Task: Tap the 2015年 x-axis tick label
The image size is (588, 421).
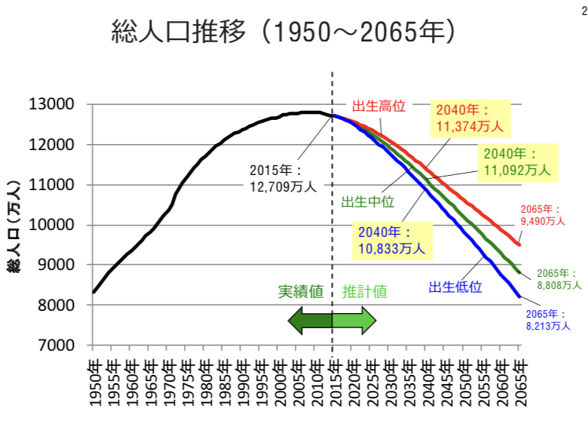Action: (332, 382)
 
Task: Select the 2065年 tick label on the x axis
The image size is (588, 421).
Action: (519, 382)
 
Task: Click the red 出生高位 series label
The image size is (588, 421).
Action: (378, 106)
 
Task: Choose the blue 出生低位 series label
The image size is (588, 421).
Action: (455, 287)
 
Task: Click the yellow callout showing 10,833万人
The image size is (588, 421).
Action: (392, 239)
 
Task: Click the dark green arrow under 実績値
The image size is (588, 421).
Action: (310, 320)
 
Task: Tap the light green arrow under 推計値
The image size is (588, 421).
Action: (354, 320)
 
